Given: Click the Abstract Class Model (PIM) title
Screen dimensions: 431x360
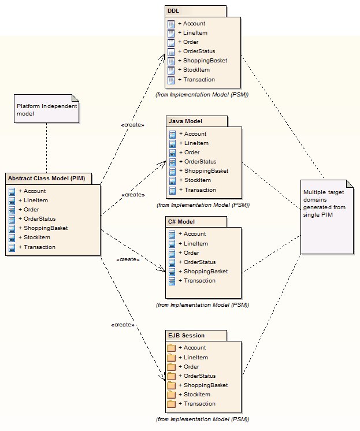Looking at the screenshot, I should tap(46, 179).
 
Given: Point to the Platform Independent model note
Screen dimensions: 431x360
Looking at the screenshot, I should tap(46, 109).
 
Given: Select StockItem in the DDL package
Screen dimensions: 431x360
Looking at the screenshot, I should tap(196, 70).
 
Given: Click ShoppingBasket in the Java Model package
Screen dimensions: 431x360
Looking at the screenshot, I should tap(206, 171).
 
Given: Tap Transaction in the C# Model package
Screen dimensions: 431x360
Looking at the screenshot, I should tap(199, 281).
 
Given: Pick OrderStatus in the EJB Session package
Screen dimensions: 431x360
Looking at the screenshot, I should tap(200, 376).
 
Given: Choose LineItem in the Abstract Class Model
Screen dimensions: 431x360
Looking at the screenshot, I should tap(36, 200).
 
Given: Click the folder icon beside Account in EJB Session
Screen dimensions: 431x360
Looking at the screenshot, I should tap(171, 348).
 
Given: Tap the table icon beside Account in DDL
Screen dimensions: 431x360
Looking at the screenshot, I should tap(171, 24).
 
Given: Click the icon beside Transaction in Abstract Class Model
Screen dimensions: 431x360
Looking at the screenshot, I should tap(12, 247).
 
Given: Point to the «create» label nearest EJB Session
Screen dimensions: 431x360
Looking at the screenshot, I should tap(123, 325).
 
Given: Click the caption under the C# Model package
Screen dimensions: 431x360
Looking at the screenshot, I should tap(202, 304).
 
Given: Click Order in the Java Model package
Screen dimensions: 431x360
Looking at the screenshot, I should tap(192, 153).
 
